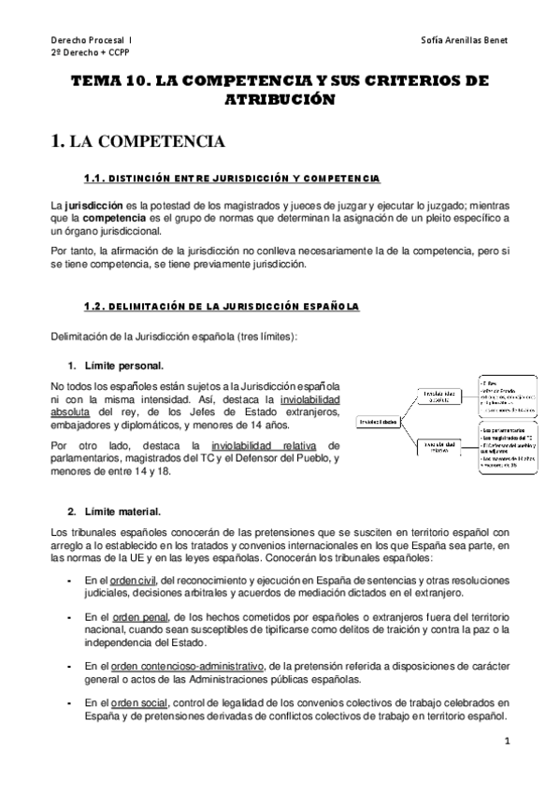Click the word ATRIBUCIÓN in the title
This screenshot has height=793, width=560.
pos(280,99)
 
